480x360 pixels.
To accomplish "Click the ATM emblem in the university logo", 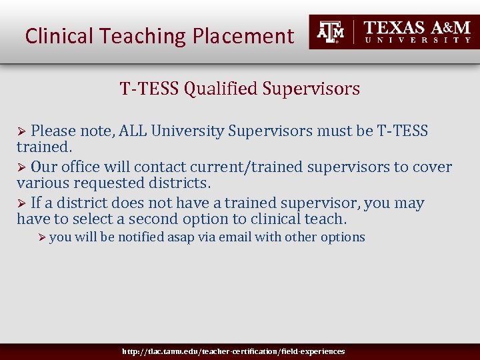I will pyautogui.click(x=330, y=31).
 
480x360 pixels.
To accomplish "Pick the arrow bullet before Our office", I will pyautogui.click(x=21, y=167).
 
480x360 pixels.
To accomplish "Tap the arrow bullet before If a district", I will pyautogui.click(x=21, y=203).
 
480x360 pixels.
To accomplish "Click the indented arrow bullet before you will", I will pyautogui.click(x=42, y=237).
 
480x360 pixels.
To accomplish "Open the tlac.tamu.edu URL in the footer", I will pyautogui.click(x=233, y=351).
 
